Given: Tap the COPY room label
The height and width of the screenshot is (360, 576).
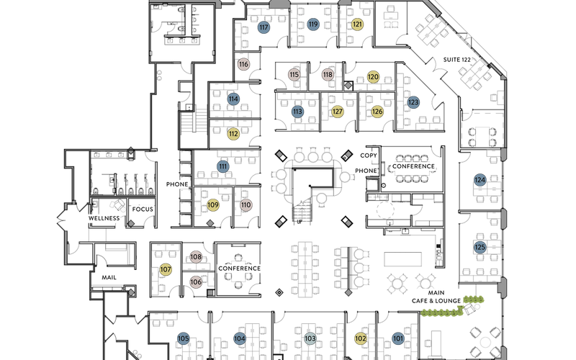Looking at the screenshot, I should click(368, 156).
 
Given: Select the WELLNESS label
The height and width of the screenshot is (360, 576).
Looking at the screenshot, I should click(104, 218).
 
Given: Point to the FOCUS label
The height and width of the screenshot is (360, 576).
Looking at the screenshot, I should click(143, 210).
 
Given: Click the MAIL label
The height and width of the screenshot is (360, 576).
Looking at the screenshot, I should click(109, 277).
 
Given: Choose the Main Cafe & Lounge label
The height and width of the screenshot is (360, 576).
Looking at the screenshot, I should click(436, 297).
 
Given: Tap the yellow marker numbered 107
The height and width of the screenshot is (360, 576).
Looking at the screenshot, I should click(166, 269).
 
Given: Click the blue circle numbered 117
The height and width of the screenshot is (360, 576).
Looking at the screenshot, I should click(264, 27).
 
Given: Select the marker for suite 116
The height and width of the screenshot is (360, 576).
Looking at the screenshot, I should click(243, 64).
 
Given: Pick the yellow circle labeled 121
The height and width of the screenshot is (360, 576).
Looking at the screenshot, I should click(358, 24).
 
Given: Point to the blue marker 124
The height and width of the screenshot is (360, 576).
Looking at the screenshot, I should click(480, 179).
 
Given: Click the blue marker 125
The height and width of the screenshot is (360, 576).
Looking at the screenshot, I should click(480, 247).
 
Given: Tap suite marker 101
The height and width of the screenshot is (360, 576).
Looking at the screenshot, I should click(398, 338).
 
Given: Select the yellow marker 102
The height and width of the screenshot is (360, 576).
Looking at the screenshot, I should click(361, 338).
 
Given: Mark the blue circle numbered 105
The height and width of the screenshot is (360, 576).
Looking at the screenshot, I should click(183, 338).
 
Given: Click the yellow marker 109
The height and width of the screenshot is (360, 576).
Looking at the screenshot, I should click(213, 205).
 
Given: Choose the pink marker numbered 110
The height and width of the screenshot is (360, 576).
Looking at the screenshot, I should click(246, 205).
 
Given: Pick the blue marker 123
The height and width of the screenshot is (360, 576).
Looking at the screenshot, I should click(413, 102).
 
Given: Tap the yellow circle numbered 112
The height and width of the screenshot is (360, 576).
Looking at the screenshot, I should click(233, 134).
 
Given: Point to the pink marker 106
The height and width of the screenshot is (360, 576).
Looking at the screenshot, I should click(196, 282).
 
